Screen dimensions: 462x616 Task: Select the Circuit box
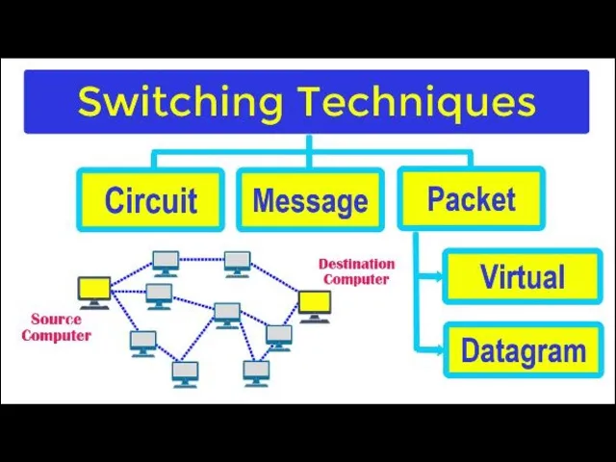[150, 200]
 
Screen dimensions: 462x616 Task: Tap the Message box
[310, 200]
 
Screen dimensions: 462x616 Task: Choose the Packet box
[471, 199]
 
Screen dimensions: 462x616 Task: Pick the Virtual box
[523, 277]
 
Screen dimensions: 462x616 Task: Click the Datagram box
[523, 350]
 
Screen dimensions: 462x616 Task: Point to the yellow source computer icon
[94, 290]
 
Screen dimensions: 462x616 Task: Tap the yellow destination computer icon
[314, 304]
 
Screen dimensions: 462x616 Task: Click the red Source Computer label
[56, 327]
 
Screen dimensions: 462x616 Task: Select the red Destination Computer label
[356, 271]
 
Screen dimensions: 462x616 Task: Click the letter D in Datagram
[471, 350]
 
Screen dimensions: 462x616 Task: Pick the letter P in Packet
[437, 199]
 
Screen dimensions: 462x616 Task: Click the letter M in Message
[265, 200]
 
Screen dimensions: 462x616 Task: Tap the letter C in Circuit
[115, 200]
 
